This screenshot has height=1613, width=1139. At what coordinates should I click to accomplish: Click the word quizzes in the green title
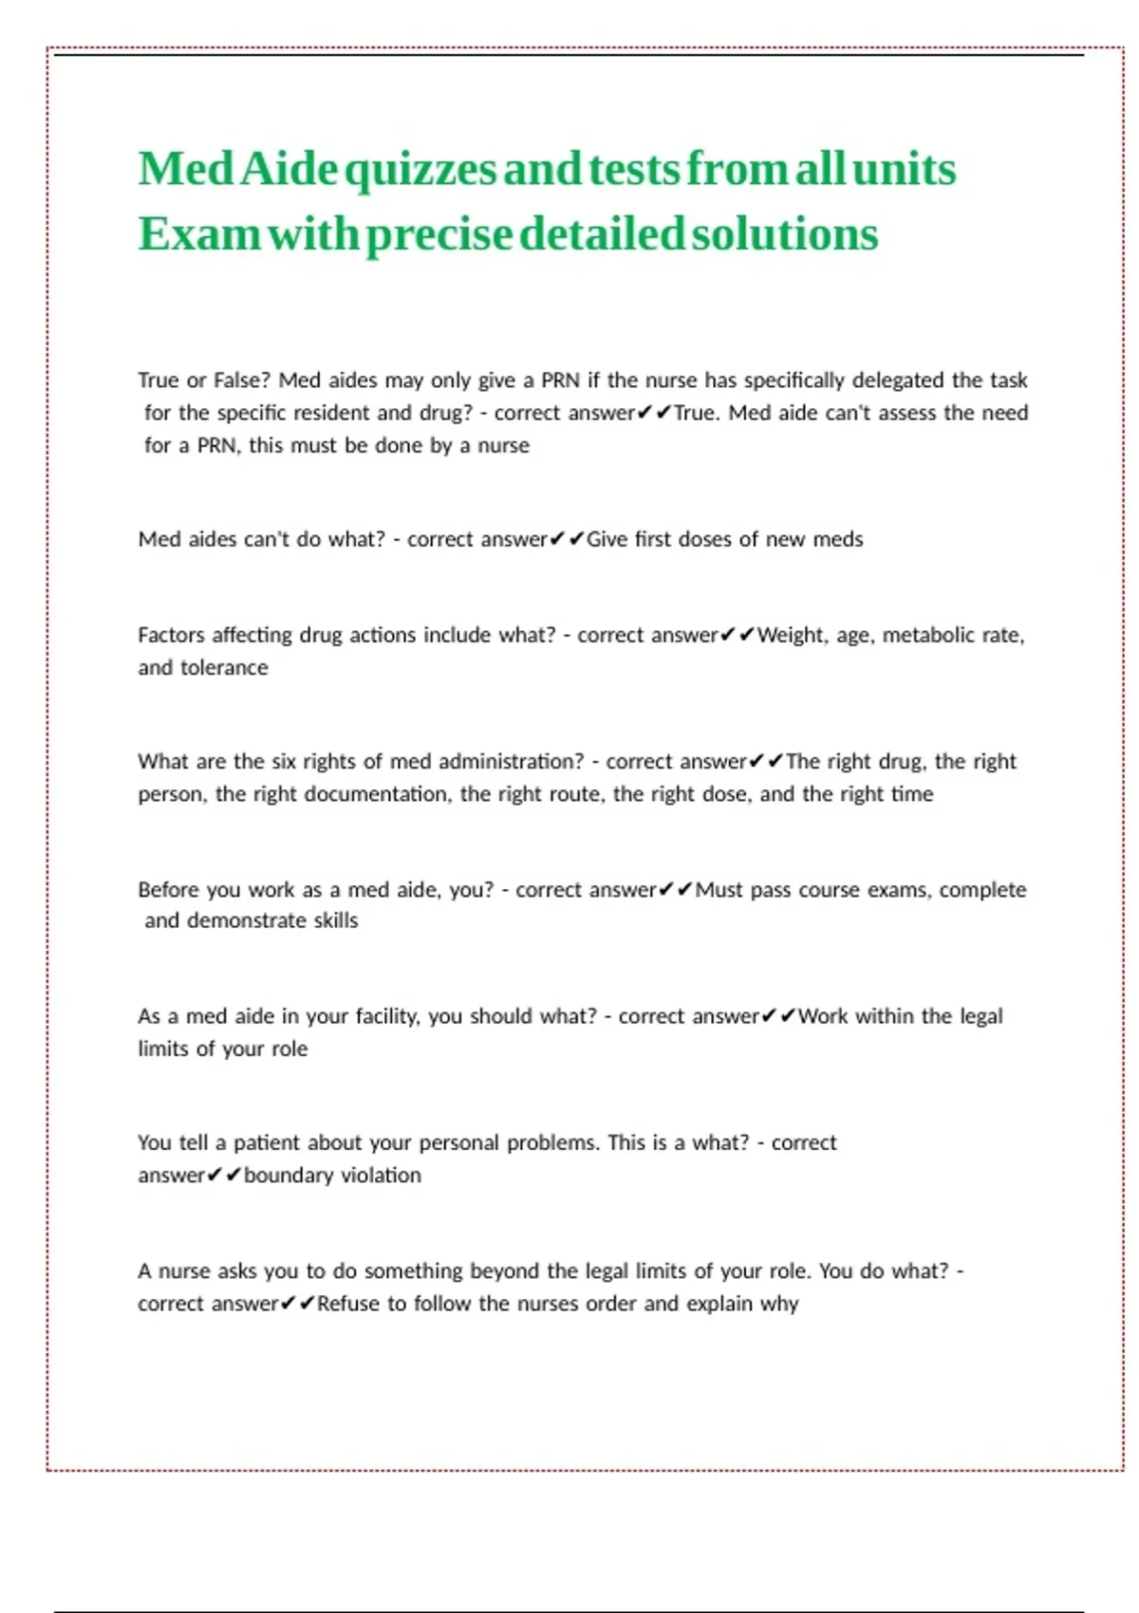tap(420, 171)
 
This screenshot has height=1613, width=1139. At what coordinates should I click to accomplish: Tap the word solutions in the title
tap(785, 234)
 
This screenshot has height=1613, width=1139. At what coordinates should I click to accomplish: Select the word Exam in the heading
tap(198, 234)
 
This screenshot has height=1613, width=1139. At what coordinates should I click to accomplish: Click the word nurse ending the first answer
tap(503, 445)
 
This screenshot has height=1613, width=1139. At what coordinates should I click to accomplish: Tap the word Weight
tap(792, 635)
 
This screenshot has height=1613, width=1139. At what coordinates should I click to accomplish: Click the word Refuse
tap(348, 1303)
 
